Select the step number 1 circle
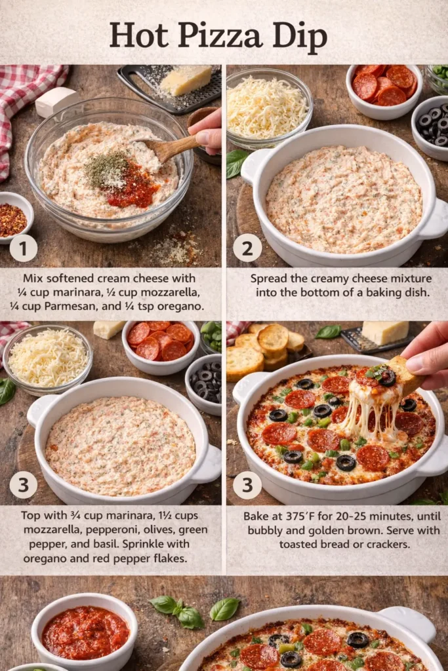click(x=23, y=248)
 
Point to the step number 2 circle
click(x=247, y=248)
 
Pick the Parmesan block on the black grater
click(x=186, y=80)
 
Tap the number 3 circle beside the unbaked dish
click(x=23, y=485)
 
